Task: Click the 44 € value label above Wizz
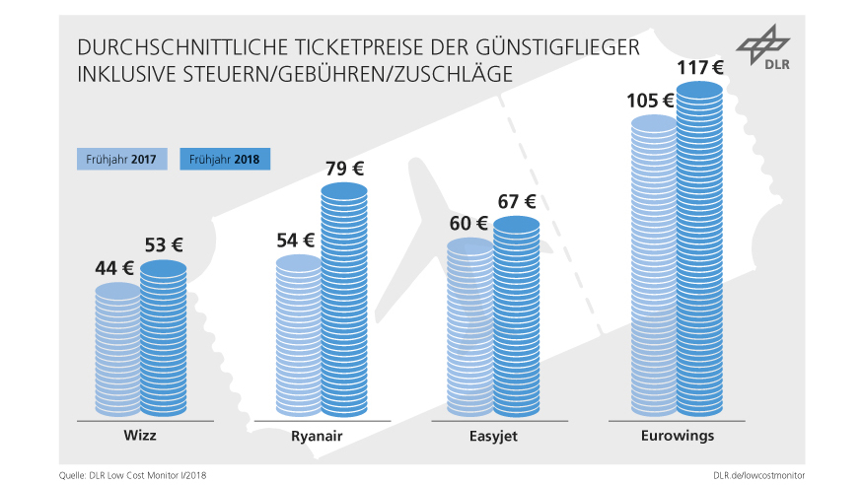click(x=115, y=266)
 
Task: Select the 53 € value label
click(x=164, y=244)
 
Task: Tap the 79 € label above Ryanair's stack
click(x=344, y=169)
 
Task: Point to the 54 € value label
click(x=295, y=240)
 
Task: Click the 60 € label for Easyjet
click(x=467, y=223)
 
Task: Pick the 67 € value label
click(x=516, y=201)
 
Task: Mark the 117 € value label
click(x=698, y=68)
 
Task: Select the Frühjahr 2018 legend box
click(x=225, y=159)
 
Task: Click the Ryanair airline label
click(x=318, y=435)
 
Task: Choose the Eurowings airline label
click(x=677, y=435)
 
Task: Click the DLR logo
click(x=764, y=51)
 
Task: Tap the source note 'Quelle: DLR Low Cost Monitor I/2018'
click(x=132, y=474)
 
